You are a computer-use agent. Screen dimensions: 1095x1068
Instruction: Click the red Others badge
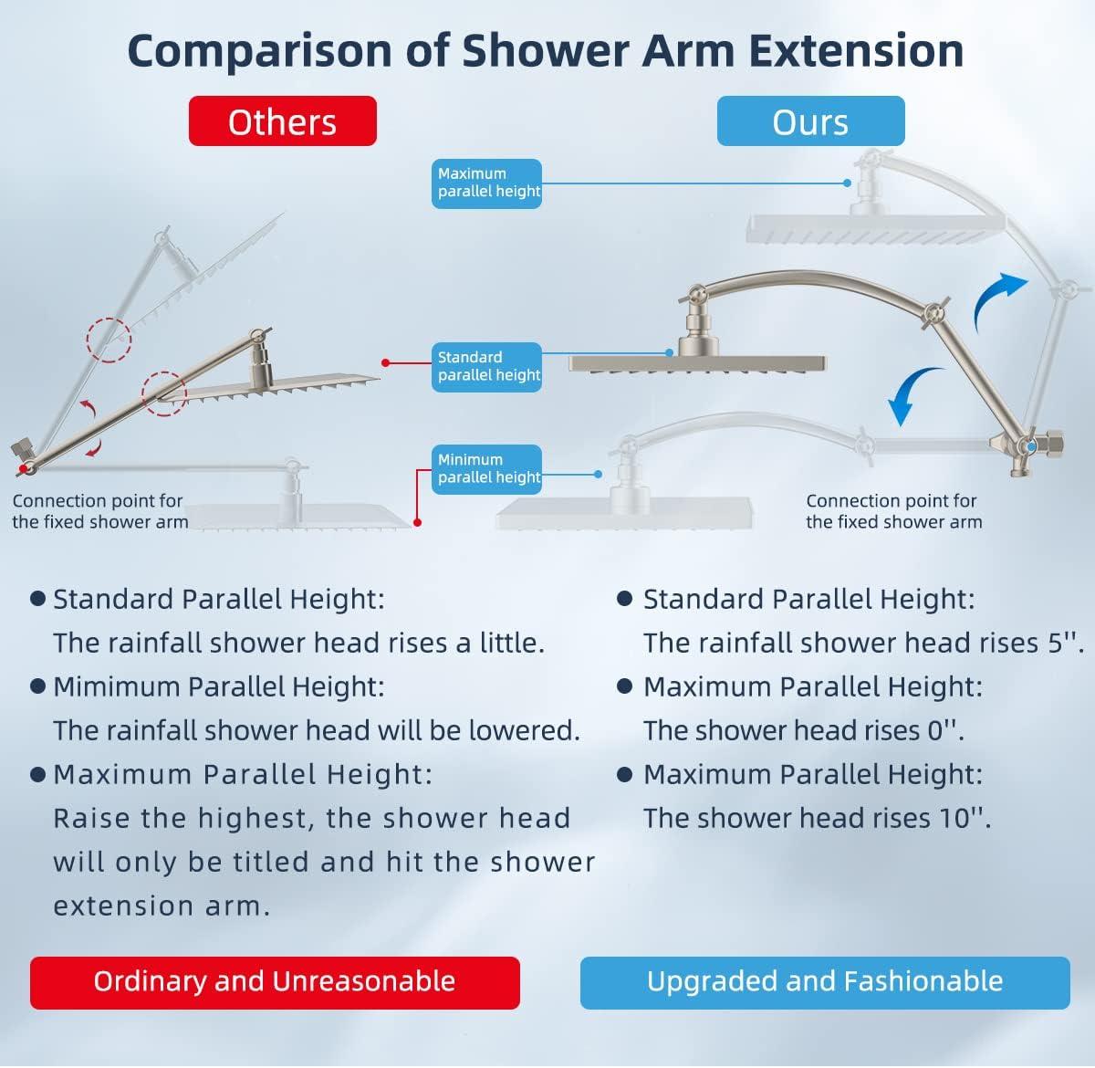point(283,121)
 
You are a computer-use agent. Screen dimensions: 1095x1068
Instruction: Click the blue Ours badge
point(810,121)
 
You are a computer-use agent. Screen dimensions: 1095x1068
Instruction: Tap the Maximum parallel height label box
point(486,183)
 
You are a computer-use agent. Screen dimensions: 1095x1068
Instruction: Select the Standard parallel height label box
point(486,367)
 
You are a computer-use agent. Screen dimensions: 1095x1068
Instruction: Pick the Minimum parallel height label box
point(486,469)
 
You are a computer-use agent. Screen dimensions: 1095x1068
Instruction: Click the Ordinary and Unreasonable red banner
point(275,982)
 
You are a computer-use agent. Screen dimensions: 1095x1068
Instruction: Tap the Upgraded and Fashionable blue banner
point(825,982)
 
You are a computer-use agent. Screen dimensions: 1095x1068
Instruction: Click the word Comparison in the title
point(260,52)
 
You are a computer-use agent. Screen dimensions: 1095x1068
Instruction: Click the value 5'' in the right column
point(1066,643)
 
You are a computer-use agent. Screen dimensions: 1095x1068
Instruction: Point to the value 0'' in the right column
point(945,730)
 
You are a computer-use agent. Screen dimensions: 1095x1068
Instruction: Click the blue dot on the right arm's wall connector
point(1031,446)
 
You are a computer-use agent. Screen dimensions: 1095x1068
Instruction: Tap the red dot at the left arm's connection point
point(23,468)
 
